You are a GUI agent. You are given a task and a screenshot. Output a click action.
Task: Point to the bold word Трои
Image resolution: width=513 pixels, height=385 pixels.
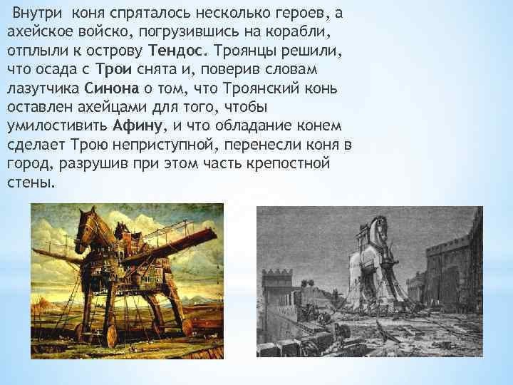click(112, 71)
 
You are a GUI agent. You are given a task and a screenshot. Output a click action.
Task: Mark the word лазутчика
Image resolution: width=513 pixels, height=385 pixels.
click(41, 89)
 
